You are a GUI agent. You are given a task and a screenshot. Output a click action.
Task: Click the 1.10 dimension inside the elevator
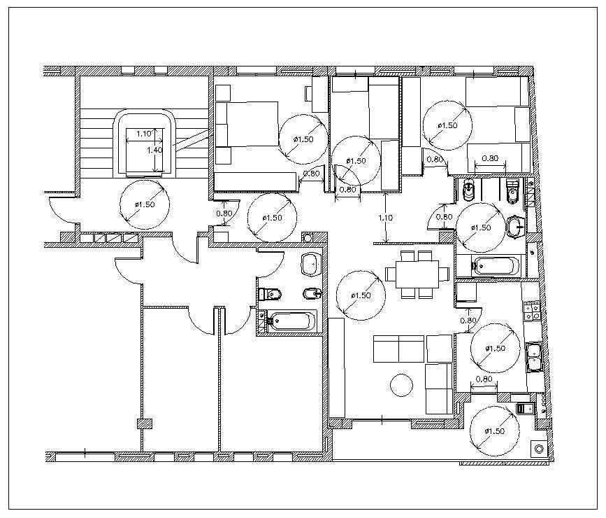click(144, 134)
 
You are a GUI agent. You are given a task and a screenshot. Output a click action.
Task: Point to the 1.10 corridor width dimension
click(385, 218)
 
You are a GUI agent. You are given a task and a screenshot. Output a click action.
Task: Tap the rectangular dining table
click(417, 272)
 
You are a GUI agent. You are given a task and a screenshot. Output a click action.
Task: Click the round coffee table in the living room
click(401, 385)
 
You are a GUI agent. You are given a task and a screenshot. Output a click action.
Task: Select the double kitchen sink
click(534, 356)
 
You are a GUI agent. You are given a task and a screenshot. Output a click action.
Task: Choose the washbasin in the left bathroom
click(309, 265)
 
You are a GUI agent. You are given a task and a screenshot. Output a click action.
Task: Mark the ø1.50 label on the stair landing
click(145, 204)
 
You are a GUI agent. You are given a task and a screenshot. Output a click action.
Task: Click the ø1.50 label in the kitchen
click(496, 348)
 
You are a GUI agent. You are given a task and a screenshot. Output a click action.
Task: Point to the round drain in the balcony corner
click(538, 448)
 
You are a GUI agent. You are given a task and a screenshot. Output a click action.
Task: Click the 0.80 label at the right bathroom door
click(444, 217)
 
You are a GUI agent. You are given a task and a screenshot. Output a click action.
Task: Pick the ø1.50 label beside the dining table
click(361, 295)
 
